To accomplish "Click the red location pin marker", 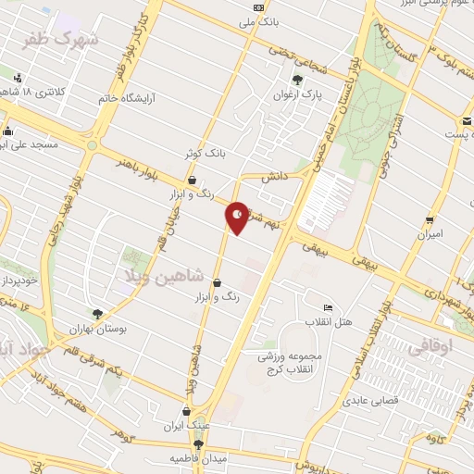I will point(238,217).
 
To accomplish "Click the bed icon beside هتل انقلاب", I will point(327,308).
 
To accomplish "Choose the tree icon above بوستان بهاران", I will point(98,314).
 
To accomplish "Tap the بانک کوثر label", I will point(206,153).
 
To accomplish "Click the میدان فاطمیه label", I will point(197,458).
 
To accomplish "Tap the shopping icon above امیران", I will point(430,219).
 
